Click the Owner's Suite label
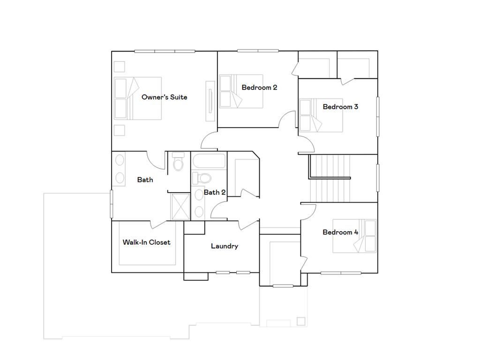coord(164,97)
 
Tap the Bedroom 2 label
coord(259,87)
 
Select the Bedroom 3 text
coord(340,107)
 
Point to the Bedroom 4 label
coord(340,232)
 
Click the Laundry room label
coord(224,246)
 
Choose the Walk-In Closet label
coord(146,242)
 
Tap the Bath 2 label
coord(215,192)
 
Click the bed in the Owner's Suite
coord(138,98)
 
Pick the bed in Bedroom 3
coord(322,115)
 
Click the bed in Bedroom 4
coord(354,236)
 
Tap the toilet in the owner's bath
coord(178,164)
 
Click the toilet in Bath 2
coord(203,178)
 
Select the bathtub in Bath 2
coord(209,162)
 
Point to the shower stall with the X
coord(180,207)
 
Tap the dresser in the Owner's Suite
coord(210,101)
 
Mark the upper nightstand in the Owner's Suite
coord(120,66)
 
